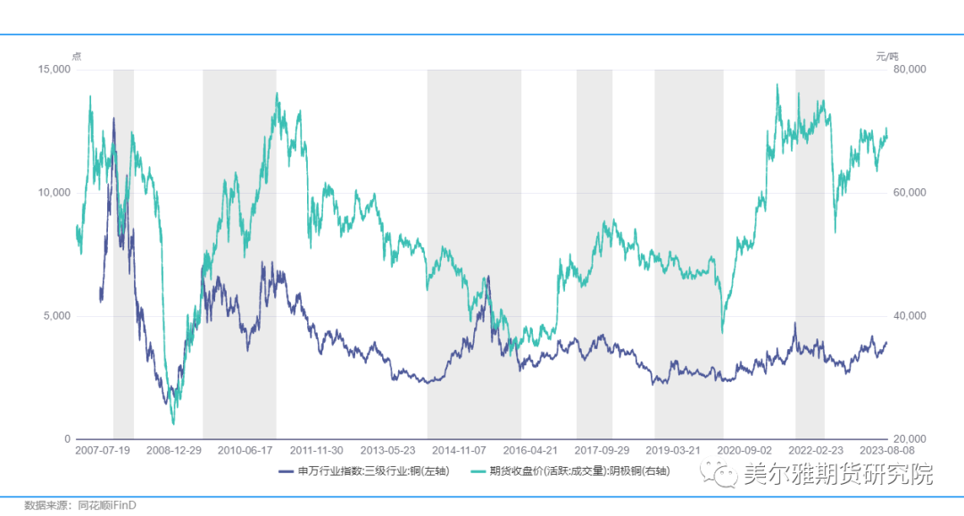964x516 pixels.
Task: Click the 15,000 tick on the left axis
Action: (55, 70)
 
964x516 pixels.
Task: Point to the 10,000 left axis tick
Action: (55, 193)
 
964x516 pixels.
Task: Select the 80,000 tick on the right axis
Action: (910, 70)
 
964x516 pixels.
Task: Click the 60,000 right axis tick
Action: (910, 193)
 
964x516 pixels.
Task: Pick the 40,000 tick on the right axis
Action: (910, 316)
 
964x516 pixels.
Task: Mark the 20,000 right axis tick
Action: (910, 439)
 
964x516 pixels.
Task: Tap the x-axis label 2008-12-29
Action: (173, 452)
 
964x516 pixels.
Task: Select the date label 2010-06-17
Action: (245, 452)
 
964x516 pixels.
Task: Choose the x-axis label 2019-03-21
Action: (672, 452)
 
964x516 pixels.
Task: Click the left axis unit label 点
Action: (76, 56)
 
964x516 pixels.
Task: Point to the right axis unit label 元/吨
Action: (887, 56)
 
